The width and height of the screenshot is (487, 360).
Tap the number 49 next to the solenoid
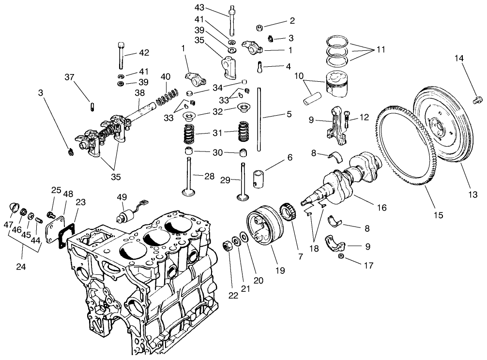pyautogui.click(x=122, y=196)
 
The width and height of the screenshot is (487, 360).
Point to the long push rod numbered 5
pyautogui.click(x=260, y=126)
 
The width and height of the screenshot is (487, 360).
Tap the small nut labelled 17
pyautogui.click(x=341, y=256)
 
